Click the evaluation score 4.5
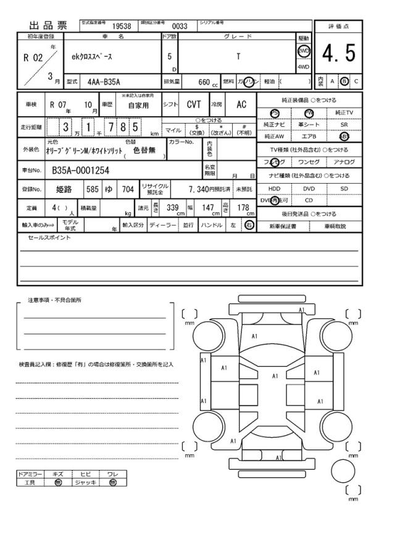click(339, 54)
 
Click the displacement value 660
click(204, 82)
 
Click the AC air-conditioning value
click(241, 105)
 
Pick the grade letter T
click(238, 56)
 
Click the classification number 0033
click(179, 26)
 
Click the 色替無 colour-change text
click(144, 150)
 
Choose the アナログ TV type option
click(344, 162)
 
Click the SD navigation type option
click(344, 188)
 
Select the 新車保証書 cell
click(283, 226)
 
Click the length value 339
click(172, 207)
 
